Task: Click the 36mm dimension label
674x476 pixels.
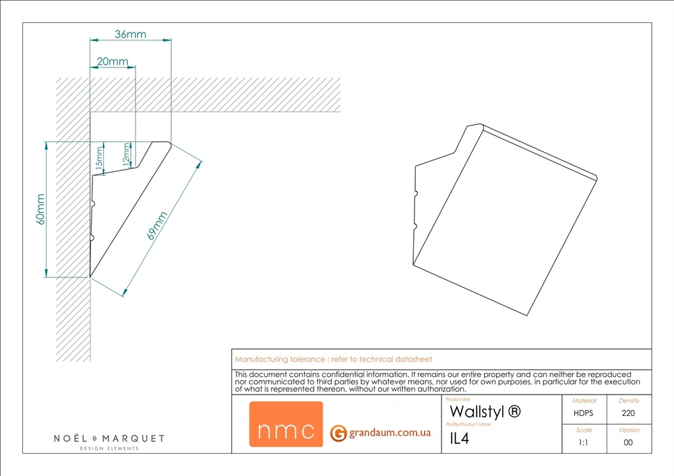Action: coord(130,34)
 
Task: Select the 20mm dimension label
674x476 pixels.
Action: coord(113,61)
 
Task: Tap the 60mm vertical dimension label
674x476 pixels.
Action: coord(40,209)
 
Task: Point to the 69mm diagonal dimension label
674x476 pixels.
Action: coord(157,226)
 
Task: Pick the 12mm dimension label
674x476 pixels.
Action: coord(127,154)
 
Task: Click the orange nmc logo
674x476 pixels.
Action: coord(286,424)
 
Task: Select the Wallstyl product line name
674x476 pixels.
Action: coord(485,411)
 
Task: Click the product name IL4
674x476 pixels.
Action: coord(460,438)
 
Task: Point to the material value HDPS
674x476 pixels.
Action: coord(583,413)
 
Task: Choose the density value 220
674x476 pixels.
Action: coord(628,413)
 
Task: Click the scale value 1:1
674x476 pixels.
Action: coord(583,442)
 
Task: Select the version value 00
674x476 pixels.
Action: coord(628,442)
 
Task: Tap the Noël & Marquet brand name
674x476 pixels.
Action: coord(109,438)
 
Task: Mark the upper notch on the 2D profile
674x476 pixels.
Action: coord(93,204)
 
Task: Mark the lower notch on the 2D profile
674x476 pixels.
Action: coord(92,238)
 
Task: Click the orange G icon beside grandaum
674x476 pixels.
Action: coord(338,433)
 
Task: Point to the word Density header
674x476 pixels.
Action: coord(629,401)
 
